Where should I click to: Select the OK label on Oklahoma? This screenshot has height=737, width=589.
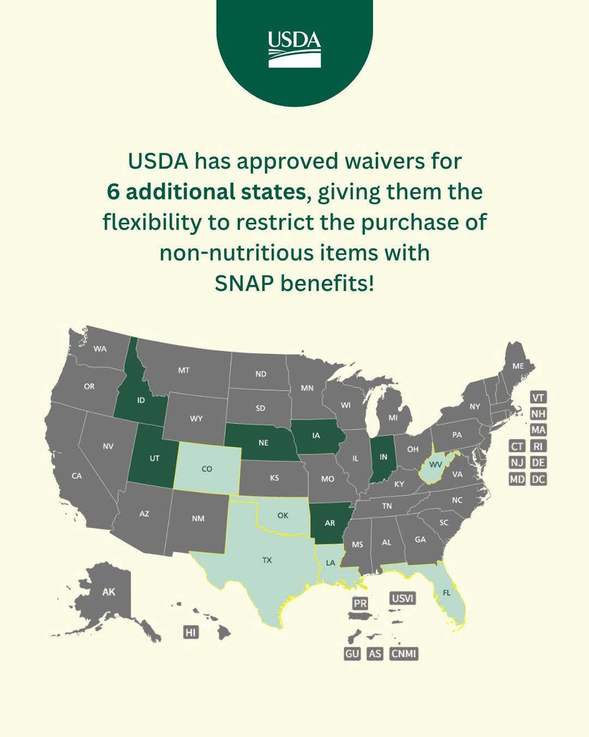coord(282,515)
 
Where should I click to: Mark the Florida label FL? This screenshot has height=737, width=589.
coord(447,594)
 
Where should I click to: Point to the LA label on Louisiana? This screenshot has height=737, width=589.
coord(331,563)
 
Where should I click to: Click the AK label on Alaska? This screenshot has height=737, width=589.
coord(108,592)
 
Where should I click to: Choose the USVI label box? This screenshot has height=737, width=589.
coord(402,598)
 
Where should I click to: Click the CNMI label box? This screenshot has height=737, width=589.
coord(404,654)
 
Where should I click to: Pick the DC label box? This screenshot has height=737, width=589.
coord(538,479)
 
